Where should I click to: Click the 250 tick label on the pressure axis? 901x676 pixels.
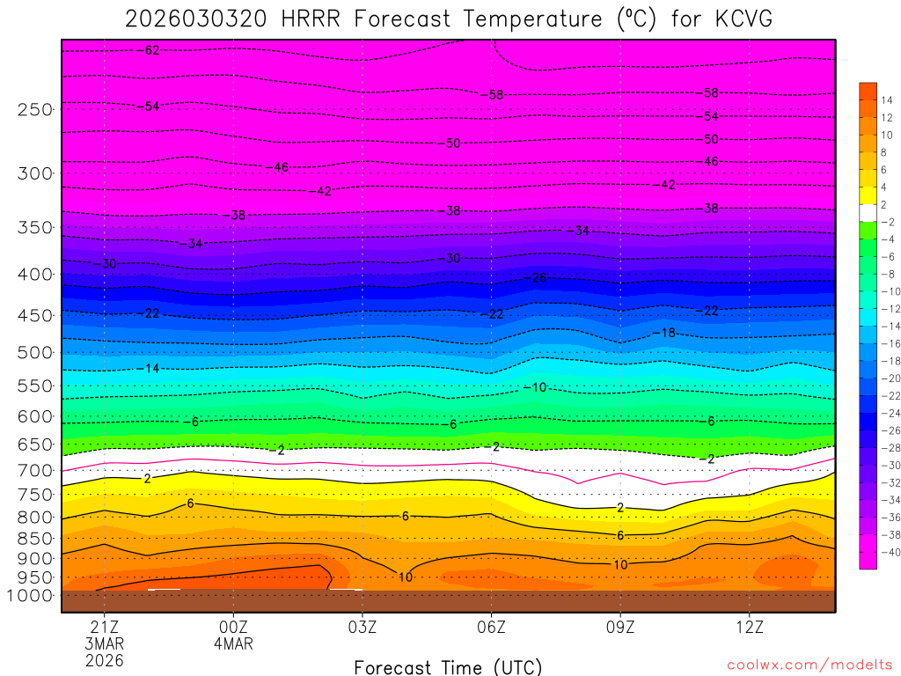(x=35, y=109)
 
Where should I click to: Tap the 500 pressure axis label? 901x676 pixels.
(x=35, y=352)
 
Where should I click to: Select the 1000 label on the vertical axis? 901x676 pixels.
(x=32, y=596)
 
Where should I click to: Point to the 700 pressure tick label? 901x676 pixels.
(x=35, y=471)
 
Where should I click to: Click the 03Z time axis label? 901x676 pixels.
(x=363, y=628)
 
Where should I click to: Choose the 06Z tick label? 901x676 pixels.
(x=491, y=628)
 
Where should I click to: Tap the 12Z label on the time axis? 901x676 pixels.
(x=749, y=628)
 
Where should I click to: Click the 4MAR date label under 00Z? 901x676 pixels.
(x=233, y=643)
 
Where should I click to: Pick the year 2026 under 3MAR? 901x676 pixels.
(x=104, y=660)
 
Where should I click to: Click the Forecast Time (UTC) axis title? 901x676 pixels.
(x=448, y=666)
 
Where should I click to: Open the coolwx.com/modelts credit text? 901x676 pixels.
(x=809, y=665)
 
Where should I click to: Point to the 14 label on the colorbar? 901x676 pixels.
(x=885, y=100)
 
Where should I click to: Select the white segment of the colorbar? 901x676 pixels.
(x=868, y=212)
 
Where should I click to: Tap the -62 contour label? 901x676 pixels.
(x=150, y=50)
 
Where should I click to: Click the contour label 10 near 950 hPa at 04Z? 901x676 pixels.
(x=406, y=577)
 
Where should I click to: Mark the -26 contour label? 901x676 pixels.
(x=538, y=278)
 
